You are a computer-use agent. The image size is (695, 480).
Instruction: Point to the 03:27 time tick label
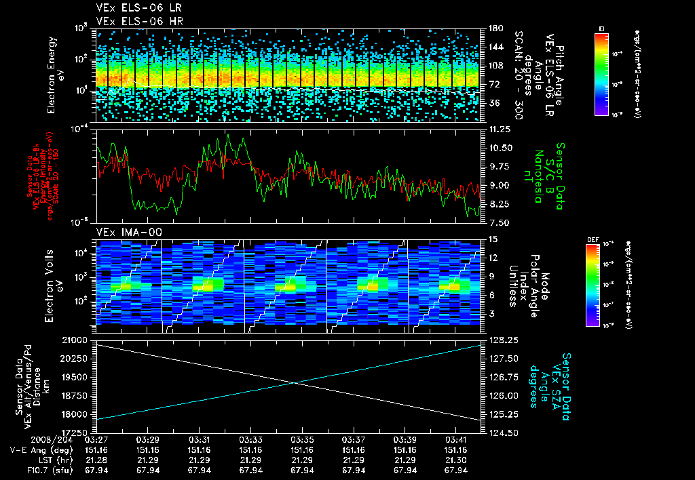[x=96, y=440]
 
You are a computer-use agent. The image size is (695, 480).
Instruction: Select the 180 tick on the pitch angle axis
[x=494, y=28]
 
